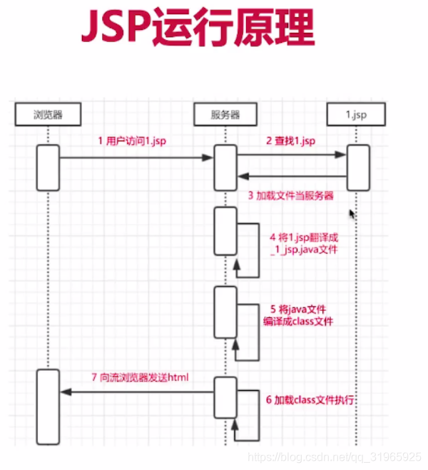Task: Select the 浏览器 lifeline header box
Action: pos(48,114)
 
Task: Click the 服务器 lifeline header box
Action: pos(225,114)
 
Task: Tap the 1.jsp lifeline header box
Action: pos(357,114)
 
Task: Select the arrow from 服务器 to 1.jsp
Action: pos(291,154)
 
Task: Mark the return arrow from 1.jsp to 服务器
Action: pos(291,176)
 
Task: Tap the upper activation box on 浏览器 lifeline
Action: pos(48,168)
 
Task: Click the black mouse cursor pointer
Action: pos(351,213)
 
